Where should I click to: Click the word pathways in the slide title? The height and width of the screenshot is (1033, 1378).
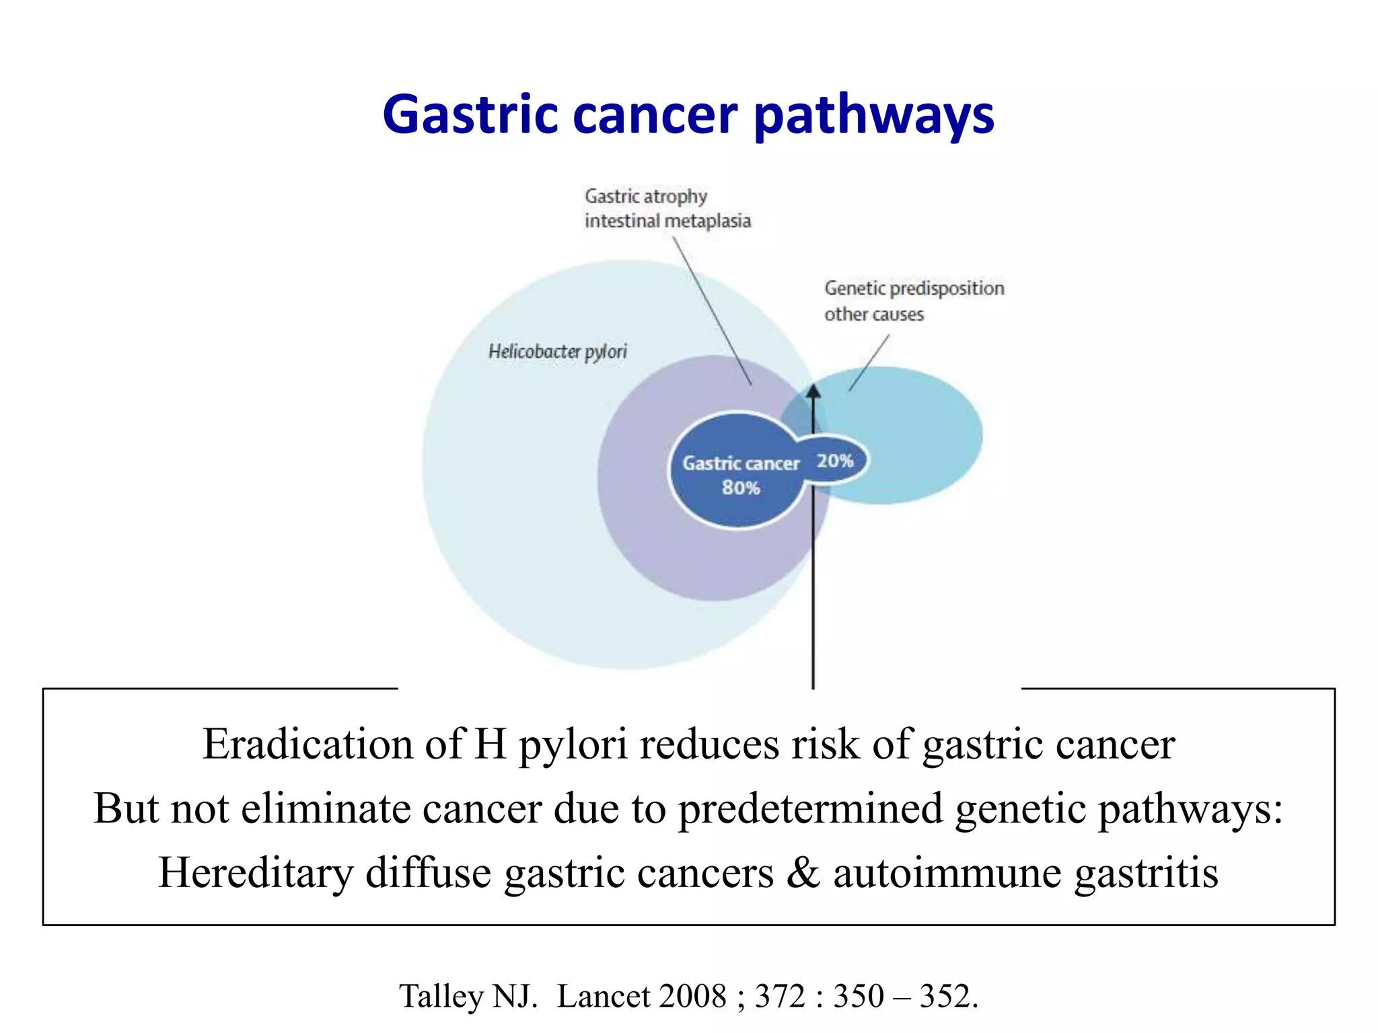pos(873,116)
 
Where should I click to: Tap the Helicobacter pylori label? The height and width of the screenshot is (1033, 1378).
pos(557,352)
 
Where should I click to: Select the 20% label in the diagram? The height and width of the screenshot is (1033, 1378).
pos(835,461)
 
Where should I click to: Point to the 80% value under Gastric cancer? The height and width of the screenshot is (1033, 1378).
pos(741,488)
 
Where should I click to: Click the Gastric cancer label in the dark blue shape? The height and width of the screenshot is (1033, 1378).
pos(741,463)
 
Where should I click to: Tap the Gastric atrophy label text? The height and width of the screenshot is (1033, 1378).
pos(645,196)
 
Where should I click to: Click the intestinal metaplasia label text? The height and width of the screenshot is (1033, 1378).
pos(667,221)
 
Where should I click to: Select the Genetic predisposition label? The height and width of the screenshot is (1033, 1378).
pos(914,289)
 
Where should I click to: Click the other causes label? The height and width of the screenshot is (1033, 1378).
pos(874,314)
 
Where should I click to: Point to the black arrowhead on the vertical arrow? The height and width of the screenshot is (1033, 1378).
pos(813,391)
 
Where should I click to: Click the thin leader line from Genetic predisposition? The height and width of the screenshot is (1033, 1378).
pos(869,363)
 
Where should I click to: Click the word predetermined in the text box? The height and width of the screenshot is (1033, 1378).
pos(810,808)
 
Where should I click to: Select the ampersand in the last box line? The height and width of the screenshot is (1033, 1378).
pos(803,872)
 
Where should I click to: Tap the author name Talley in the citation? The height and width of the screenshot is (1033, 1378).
pos(441,996)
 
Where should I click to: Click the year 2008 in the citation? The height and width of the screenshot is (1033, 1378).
pos(694,996)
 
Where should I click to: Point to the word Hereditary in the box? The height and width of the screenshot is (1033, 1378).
pos(256,872)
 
